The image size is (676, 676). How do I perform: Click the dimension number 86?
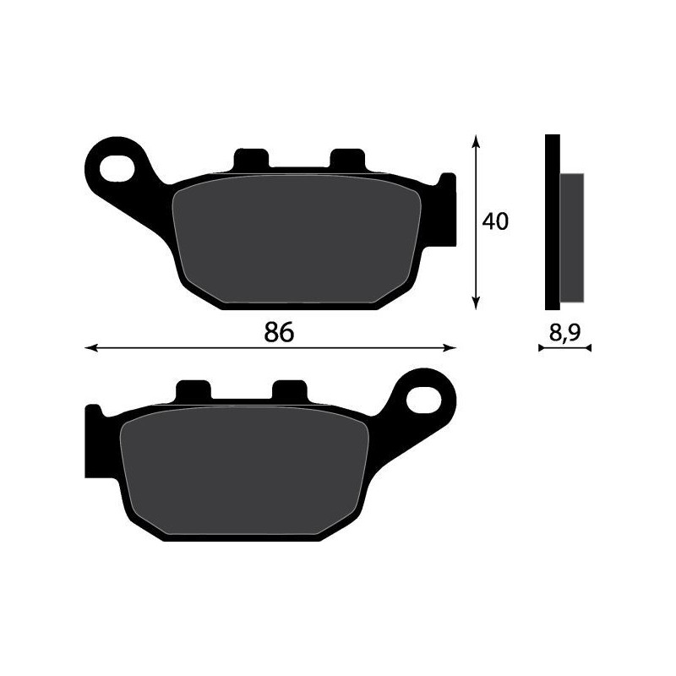[x=278, y=332]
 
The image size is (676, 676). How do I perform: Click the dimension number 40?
[x=495, y=221]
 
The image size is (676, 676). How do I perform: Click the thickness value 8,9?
[x=564, y=332]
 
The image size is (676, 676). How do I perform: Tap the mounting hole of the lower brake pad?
[x=425, y=399]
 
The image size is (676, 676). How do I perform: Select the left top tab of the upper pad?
[x=250, y=160]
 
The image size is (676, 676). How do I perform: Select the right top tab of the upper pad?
[x=346, y=160]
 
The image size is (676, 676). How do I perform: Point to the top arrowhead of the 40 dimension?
[x=477, y=140]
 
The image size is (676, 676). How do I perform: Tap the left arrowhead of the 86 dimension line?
[x=90, y=347]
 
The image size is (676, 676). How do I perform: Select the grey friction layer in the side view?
[x=572, y=237]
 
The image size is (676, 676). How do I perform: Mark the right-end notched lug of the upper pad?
[x=444, y=211]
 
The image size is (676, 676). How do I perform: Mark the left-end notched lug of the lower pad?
[x=95, y=443]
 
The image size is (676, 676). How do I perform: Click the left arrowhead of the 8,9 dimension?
[x=542, y=347]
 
